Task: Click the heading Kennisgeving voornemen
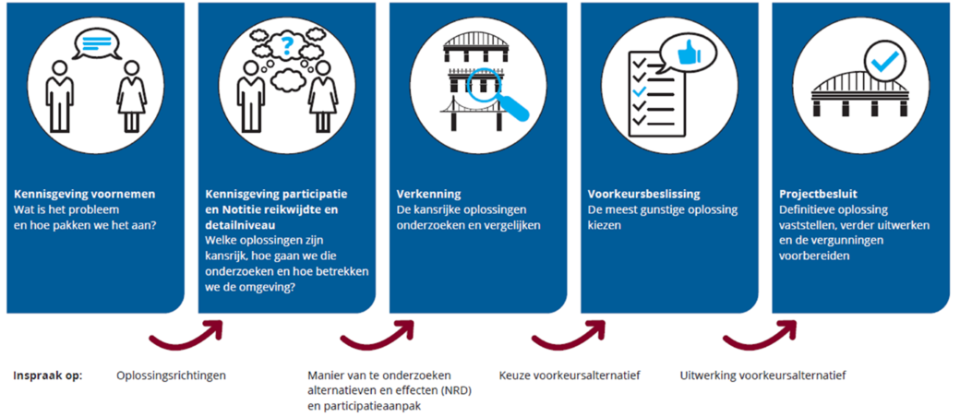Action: click(85, 195)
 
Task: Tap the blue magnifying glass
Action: click(495, 94)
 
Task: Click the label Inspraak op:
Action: click(48, 375)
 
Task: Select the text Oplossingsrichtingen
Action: click(171, 375)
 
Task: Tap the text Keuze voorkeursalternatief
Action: click(570, 375)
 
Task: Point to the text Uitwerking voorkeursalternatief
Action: click(762, 375)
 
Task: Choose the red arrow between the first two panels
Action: click(186, 334)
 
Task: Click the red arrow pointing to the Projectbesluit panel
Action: click(760, 334)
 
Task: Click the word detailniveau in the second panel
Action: click(233, 225)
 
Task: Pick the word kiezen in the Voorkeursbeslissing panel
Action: click(601, 225)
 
